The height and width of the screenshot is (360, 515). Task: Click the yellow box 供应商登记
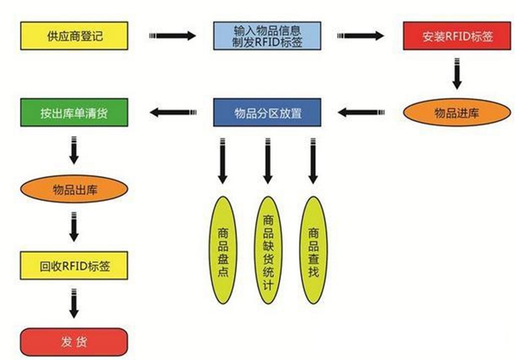pyautogui.click(x=74, y=35)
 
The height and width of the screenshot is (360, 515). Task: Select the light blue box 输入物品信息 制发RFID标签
pyautogui.click(x=266, y=35)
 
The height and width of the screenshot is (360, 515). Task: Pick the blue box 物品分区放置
pyautogui.click(x=267, y=113)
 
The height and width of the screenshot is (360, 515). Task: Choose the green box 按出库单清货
pyautogui.click(x=74, y=113)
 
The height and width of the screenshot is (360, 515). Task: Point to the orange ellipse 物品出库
pyautogui.click(x=74, y=190)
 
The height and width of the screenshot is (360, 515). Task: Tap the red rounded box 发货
pyautogui.click(x=74, y=341)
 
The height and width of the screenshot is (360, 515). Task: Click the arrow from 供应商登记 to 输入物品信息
pyautogui.click(x=174, y=35)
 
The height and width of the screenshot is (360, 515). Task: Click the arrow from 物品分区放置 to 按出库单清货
pyautogui.click(x=174, y=113)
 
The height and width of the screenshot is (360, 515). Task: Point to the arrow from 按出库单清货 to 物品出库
pyautogui.click(x=74, y=151)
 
